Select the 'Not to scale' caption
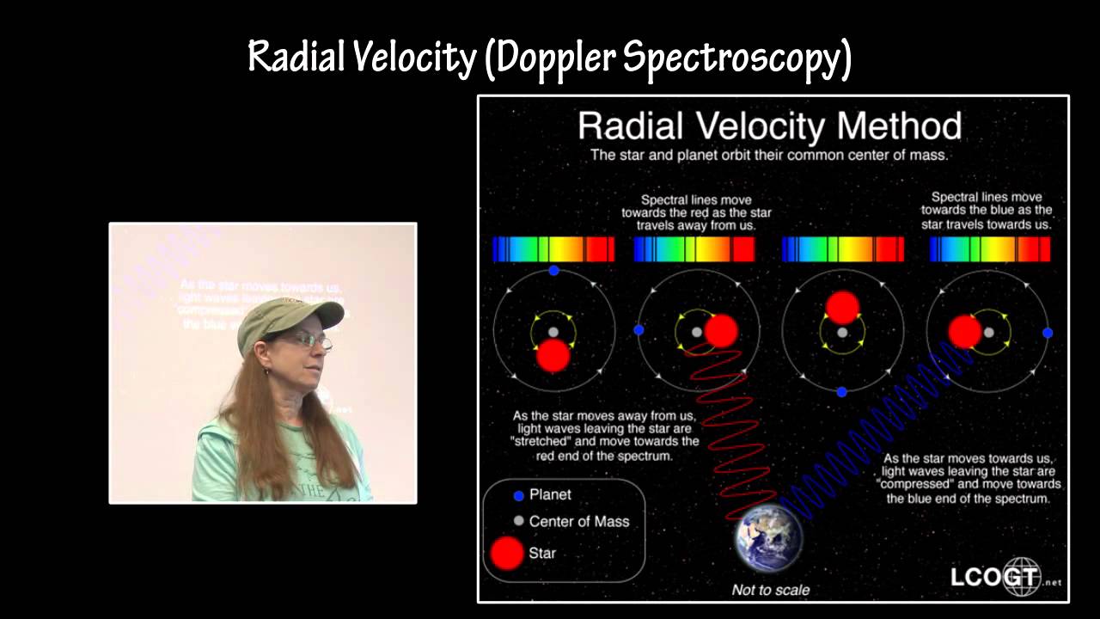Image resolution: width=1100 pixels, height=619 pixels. pos(770,590)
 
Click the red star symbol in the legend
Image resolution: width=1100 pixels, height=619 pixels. pos(507,553)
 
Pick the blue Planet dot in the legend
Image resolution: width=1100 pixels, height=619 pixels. pos(518,495)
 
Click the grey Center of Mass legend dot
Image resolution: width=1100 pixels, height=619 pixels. pos(518,521)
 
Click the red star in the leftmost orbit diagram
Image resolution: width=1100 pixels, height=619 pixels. pos(553,355)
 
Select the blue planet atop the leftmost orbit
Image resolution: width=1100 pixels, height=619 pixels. pos(553,270)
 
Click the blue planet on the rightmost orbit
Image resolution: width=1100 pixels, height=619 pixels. pos(1048,332)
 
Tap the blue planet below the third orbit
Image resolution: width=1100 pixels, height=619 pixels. pos(842,392)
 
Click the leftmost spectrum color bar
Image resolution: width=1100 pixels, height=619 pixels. pos(553,249)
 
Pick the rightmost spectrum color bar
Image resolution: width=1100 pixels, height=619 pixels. pos(990,249)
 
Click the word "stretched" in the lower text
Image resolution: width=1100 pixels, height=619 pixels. pos(538,442)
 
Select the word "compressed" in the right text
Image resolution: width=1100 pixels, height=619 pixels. pos(912,484)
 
